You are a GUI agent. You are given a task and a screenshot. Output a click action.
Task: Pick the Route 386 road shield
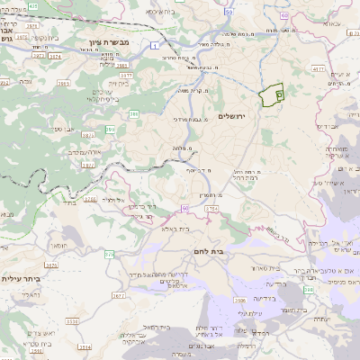[x=133, y=114]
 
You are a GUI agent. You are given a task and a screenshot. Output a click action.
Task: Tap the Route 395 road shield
[x=109, y=130]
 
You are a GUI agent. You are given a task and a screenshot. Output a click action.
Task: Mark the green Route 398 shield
[x=309, y=290]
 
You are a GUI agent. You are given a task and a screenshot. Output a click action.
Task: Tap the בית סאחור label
[x=271, y=269]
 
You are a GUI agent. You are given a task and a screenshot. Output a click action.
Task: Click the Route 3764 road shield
[x=211, y=209]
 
